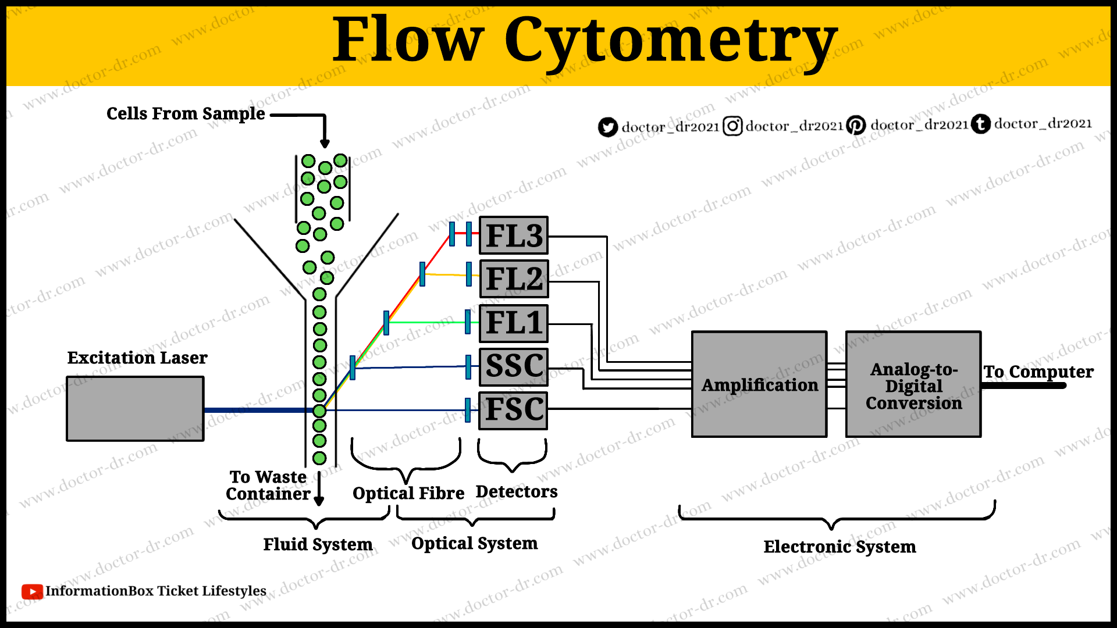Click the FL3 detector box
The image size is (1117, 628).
point(513,235)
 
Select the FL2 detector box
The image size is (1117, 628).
point(513,279)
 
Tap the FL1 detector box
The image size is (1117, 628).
point(513,323)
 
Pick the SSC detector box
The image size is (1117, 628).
point(513,366)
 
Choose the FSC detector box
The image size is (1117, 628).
point(513,409)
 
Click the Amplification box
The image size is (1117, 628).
point(759,384)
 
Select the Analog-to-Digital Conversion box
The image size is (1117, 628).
point(913,384)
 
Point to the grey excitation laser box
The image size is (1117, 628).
point(135,409)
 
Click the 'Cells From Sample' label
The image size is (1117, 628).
point(186,113)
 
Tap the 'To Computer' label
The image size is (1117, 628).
point(1038,372)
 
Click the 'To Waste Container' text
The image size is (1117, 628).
point(268,486)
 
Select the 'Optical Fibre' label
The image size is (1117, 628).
point(408,493)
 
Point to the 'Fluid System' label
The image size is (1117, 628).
point(318,544)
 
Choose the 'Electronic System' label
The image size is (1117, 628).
point(839,547)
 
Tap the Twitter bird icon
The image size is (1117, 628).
point(608,127)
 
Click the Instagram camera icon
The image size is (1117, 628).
point(732,126)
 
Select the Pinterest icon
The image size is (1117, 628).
point(856,125)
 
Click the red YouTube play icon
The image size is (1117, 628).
point(32,591)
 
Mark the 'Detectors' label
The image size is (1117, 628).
point(517,492)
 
